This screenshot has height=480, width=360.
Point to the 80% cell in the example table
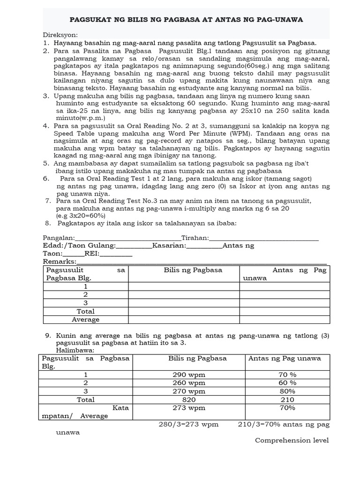287,391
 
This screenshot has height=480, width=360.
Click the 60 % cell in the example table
287,383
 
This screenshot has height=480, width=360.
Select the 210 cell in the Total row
287,400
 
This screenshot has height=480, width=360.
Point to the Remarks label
60,262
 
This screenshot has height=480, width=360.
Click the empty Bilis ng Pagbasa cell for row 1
184,286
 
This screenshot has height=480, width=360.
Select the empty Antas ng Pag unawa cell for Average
285,320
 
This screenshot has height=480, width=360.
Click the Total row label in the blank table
86,311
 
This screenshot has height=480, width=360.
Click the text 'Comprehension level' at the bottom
292,441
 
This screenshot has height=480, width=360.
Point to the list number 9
47,336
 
